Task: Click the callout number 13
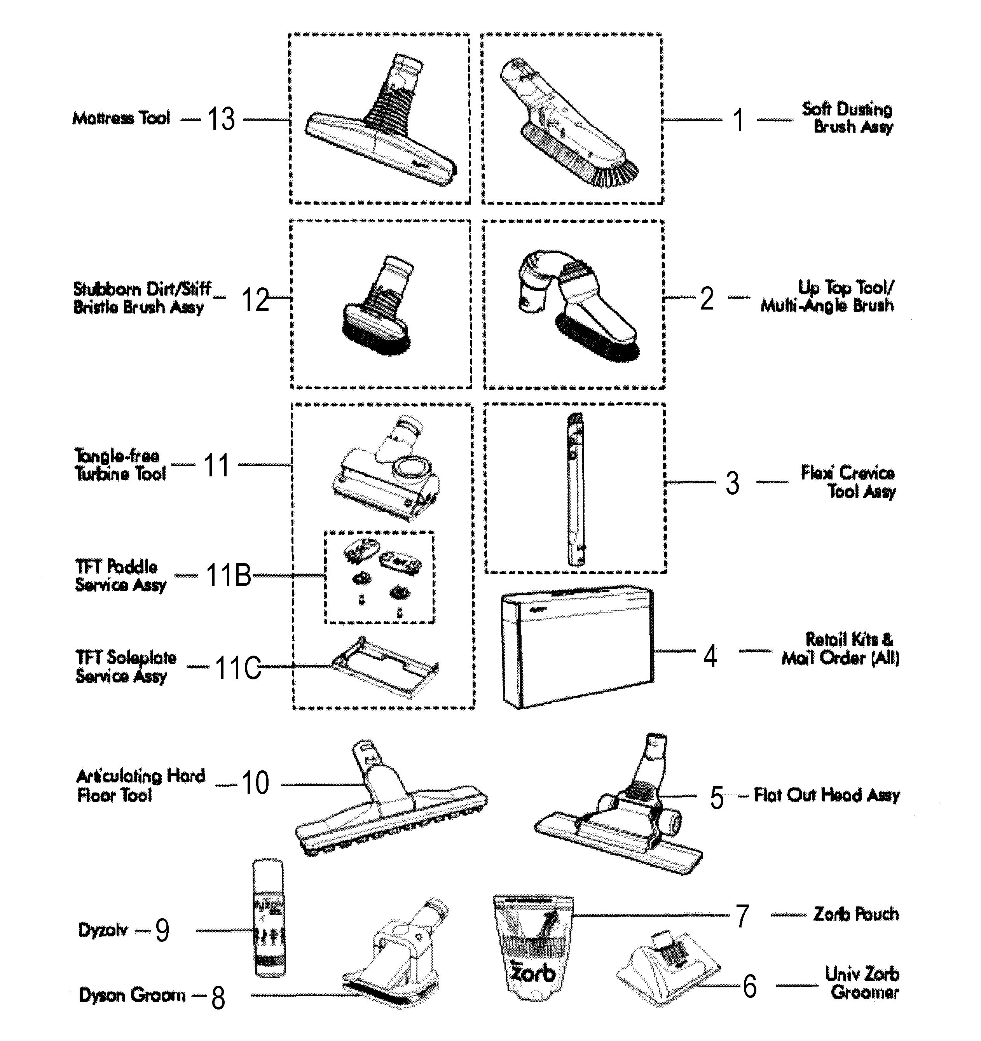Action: (221, 119)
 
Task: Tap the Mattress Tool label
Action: (121, 118)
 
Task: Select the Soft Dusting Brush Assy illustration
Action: (568, 123)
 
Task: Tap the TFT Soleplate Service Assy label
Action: (126, 667)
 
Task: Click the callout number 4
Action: (710, 656)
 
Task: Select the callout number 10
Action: (255, 784)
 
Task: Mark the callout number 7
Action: (742, 917)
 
